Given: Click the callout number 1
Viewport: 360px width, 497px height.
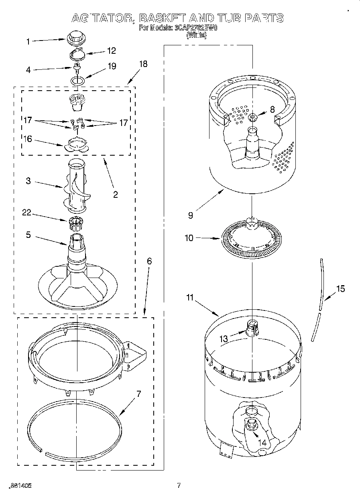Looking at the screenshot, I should point(28,41).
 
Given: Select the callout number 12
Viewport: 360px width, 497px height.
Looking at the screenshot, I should point(111,51).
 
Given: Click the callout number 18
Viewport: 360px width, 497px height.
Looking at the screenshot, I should point(143,64).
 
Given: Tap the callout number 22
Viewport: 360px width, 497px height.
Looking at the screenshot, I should point(27,213).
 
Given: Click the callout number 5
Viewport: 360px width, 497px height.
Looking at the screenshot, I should point(28,235).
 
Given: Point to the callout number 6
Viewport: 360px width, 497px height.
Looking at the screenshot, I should point(149,261).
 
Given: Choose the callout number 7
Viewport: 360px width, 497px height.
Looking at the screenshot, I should point(138,394).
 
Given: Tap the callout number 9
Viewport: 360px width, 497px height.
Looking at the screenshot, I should point(190,215).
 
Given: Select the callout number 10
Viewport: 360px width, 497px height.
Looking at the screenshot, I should point(189,238).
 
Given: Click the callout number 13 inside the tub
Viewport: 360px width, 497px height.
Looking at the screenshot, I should point(223,339).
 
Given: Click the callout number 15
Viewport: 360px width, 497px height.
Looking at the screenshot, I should point(340,288).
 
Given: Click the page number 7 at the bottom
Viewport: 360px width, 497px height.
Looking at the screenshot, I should point(179,486).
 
